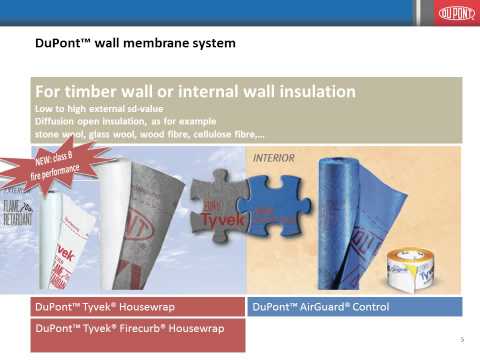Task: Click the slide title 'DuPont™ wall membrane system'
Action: pyautogui.click(x=135, y=44)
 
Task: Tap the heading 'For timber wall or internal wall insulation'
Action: pyautogui.click(x=196, y=91)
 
